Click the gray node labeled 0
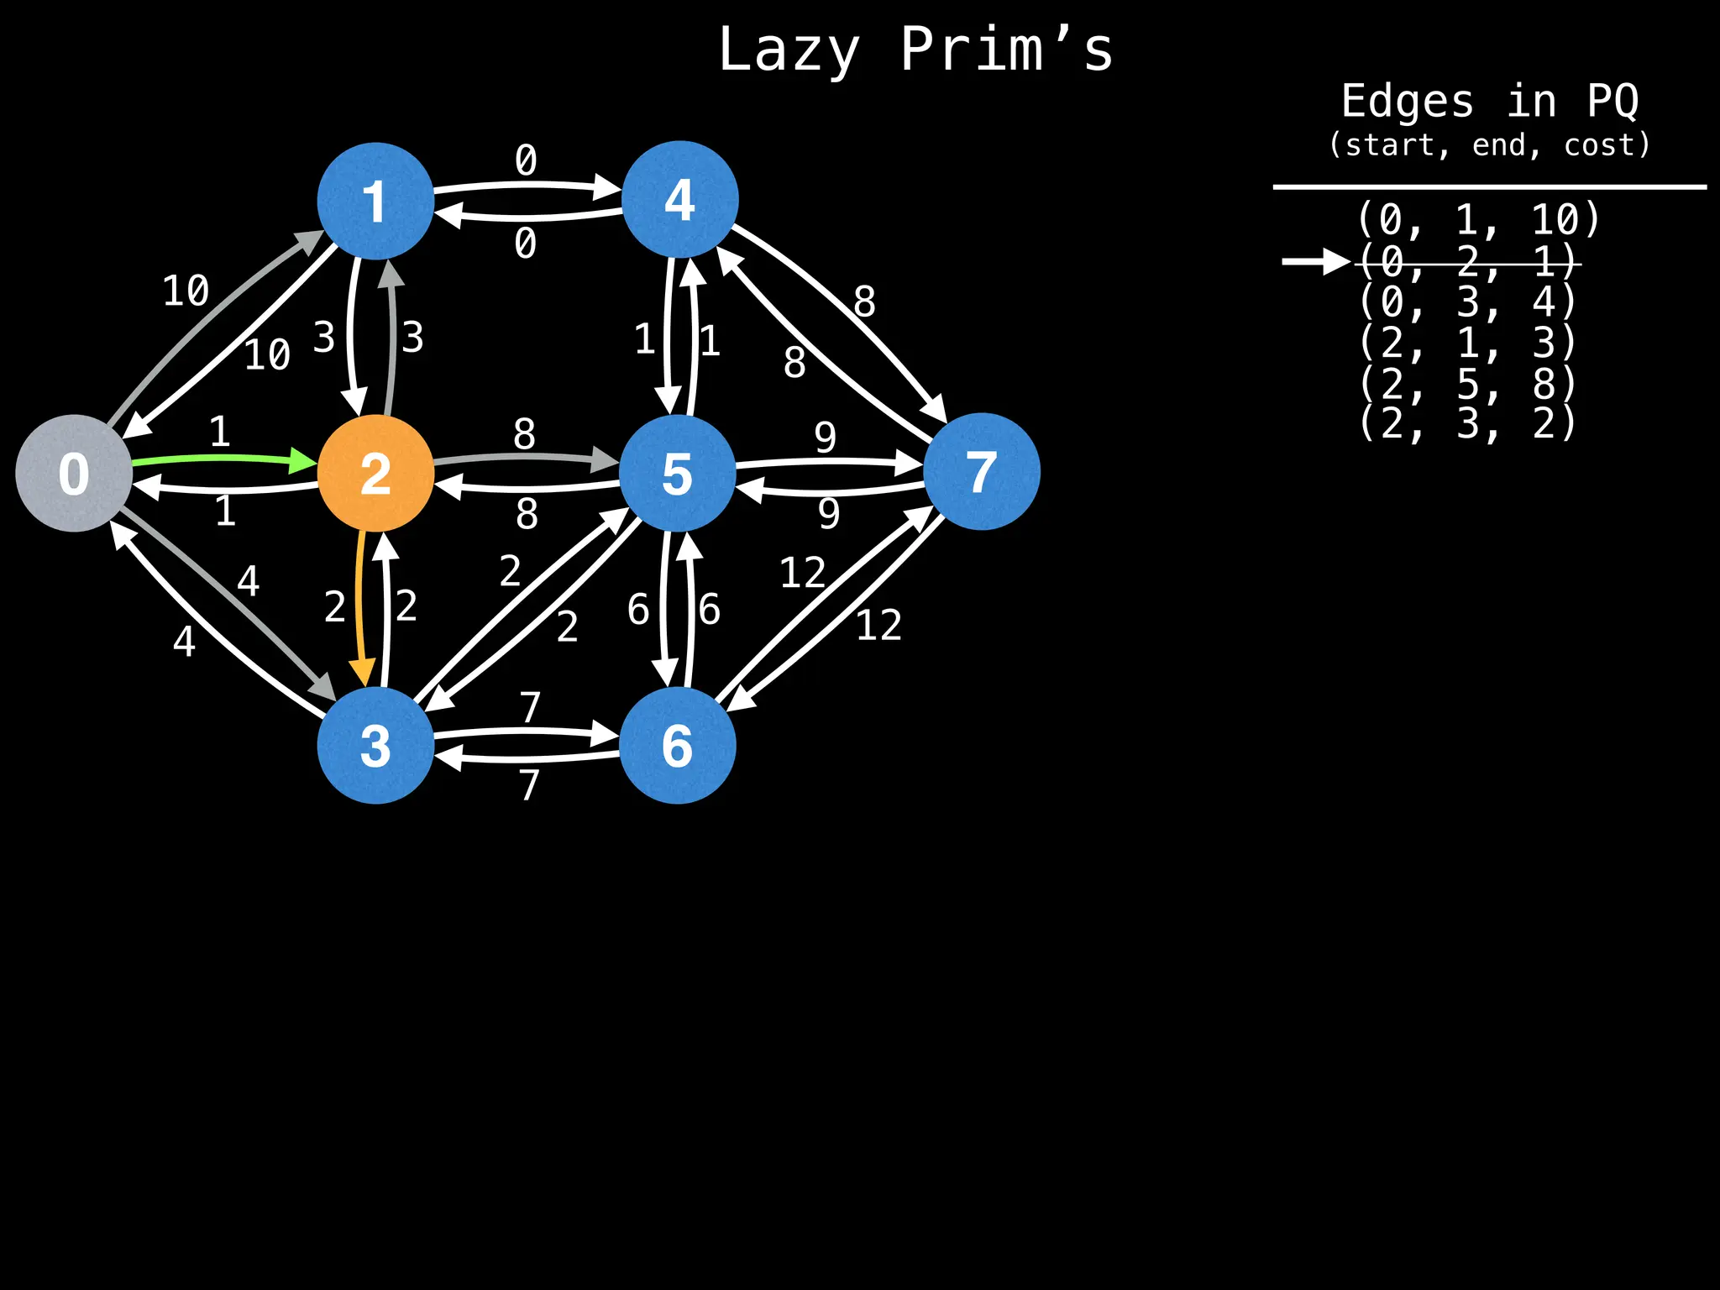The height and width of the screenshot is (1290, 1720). (74, 473)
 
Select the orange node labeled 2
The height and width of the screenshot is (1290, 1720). (375, 474)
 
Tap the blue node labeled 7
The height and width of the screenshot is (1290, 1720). (981, 472)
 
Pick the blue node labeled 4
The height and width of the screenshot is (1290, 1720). (679, 200)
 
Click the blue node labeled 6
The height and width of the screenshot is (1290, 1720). (678, 745)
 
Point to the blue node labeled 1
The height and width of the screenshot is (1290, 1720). (375, 202)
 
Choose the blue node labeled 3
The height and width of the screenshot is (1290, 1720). (375, 745)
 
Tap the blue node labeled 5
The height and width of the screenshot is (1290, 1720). (678, 474)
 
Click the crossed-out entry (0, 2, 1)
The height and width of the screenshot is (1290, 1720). (1467, 263)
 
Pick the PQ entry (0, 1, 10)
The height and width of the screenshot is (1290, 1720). (1479, 220)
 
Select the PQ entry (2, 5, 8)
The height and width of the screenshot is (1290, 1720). (1467, 384)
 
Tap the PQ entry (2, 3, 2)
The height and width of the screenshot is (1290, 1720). (1467, 423)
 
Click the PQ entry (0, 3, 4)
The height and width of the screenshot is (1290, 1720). (1467, 302)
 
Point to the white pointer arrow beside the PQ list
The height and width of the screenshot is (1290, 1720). (1315, 261)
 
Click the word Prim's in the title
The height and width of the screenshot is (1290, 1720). (1006, 50)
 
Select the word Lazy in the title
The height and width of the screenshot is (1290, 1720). (789, 50)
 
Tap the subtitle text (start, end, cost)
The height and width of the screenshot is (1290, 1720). (1489, 145)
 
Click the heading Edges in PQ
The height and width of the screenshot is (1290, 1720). (1489, 102)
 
